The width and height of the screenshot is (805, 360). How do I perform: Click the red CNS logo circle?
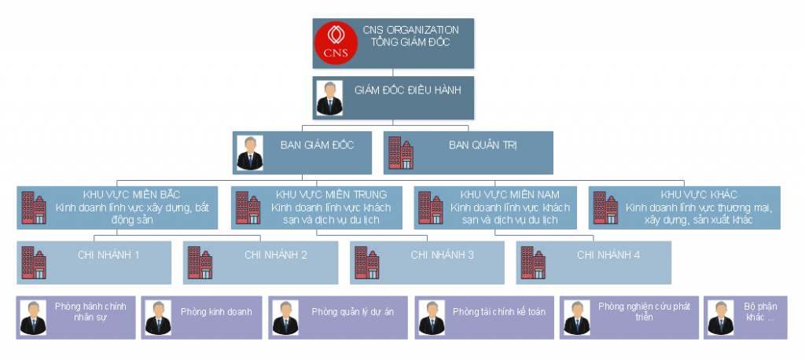coord(336,43)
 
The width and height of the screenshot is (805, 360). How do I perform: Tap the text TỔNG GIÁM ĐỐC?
coord(410,42)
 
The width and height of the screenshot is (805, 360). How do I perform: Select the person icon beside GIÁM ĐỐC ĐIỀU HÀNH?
coord(329,97)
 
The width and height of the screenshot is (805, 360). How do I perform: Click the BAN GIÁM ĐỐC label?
coord(317,145)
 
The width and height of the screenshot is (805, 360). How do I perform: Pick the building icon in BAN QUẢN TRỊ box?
coord(401,154)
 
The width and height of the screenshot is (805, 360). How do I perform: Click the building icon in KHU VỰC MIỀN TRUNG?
coord(248,208)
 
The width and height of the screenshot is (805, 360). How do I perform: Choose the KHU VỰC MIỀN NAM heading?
coord(510,194)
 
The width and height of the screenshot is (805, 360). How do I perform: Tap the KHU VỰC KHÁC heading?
coord(699,194)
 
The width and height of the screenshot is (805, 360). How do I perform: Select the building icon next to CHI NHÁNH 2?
coord(200,263)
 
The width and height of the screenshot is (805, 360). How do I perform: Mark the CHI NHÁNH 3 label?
coord(442,255)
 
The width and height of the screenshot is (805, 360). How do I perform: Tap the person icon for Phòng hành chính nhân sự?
coord(32,318)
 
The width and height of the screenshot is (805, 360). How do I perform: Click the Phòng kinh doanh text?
coord(216,312)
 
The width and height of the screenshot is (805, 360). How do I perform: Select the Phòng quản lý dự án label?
coord(353,312)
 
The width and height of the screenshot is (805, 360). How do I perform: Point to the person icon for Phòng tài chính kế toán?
coord(432,318)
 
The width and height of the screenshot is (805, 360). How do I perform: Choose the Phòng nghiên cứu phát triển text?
coord(644,311)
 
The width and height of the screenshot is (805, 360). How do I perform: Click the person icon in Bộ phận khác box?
coord(719,318)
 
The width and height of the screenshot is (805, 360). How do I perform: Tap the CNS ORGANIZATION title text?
coord(410,30)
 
